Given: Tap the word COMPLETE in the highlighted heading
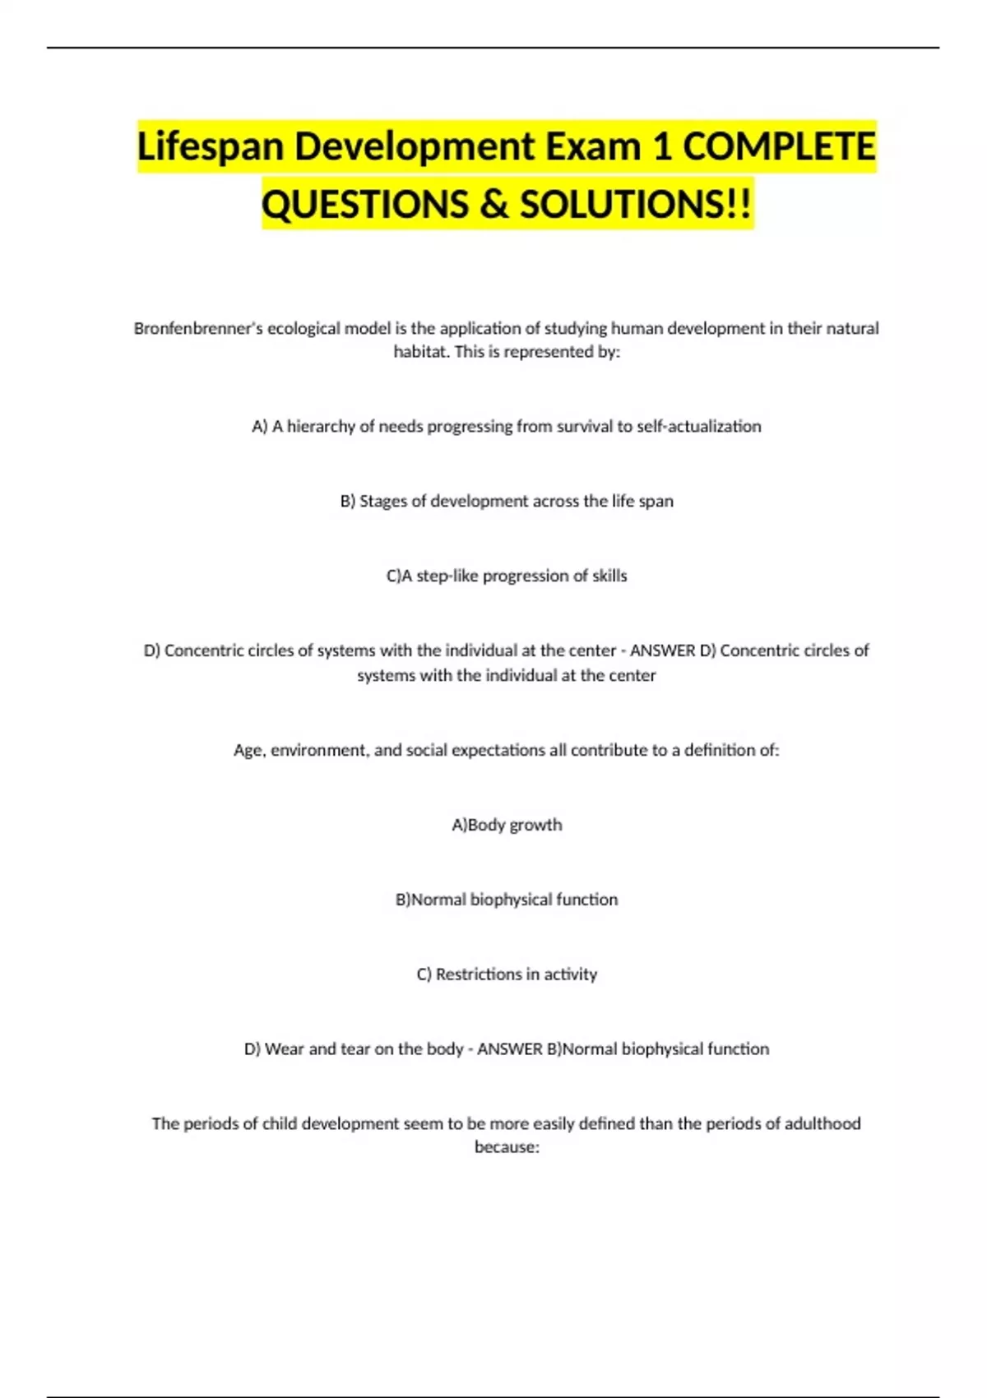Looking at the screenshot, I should (x=779, y=147).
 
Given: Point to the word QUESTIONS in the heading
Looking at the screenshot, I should (x=364, y=205).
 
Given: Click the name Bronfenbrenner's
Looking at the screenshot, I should (x=198, y=329).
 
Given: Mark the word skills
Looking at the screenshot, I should (x=609, y=576).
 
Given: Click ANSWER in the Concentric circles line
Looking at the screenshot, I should (x=662, y=651).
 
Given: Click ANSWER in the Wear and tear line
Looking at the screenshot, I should (x=509, y=1049).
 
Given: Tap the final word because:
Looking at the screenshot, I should (x=507, y=1147).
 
